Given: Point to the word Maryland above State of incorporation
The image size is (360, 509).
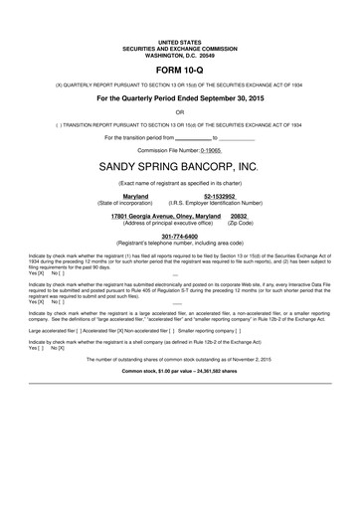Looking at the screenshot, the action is click(135, 197).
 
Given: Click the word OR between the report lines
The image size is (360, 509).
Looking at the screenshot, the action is click(180, 112).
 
